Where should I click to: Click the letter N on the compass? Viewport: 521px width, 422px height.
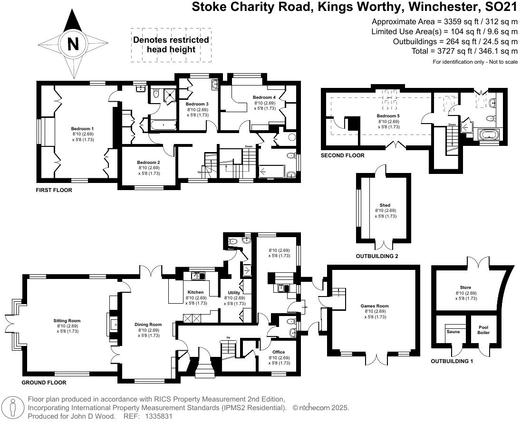point(73,44)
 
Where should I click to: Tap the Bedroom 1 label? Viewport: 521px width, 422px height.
point(83,129)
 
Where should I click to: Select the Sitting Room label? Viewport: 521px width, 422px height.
point(67,321)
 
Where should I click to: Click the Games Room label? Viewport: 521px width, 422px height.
point(376,306)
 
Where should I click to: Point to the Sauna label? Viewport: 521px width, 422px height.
point(453,332)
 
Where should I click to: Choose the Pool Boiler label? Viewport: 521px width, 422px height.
point(483,330)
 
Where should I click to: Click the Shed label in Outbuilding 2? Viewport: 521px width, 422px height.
point(385,205)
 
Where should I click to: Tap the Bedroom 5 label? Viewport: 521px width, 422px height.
point(388,116)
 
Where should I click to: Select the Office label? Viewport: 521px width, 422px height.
point(279,352)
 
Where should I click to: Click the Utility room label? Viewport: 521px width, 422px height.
point(234,293)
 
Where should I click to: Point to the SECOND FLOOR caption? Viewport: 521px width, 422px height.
point(342,155)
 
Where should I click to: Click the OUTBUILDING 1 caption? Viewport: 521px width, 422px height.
point(452,362)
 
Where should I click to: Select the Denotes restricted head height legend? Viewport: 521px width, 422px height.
point(171,45)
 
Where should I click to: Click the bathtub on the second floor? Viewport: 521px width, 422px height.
point(488,135)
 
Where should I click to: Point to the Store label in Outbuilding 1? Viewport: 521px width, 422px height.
point(465,288)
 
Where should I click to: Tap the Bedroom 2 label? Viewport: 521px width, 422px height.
point(149,163)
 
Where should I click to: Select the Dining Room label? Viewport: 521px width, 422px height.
point(148,325)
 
